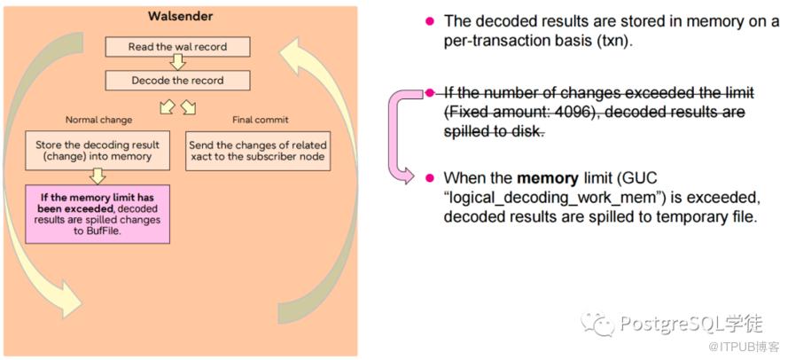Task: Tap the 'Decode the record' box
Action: (177, 81)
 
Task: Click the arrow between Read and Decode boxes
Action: (177, 63)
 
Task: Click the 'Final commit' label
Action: (260, 120)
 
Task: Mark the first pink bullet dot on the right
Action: (430, 20)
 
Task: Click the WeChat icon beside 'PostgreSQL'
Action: (605, 322)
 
